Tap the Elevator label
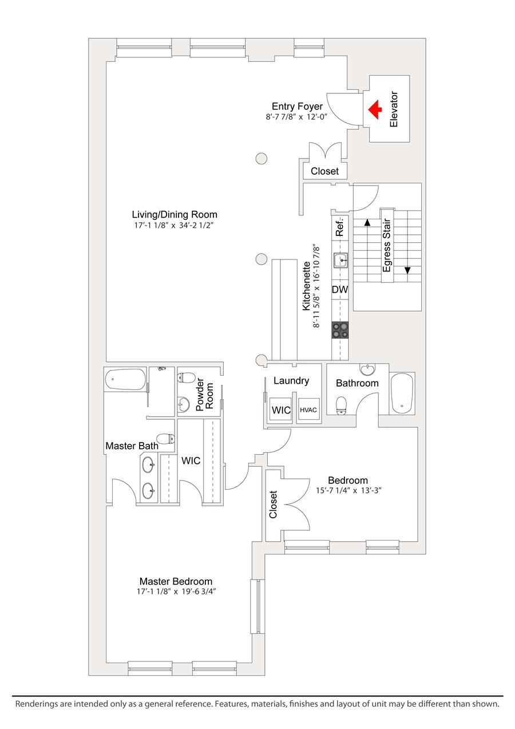393,109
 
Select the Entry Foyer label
297,107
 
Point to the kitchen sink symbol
342,262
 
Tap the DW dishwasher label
340,290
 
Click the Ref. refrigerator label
339,227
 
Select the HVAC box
308,409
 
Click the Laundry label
291,380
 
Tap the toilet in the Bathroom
342,405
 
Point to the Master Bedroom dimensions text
176,592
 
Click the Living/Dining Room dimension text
175,225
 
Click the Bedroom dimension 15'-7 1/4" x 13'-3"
348,490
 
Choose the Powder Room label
204,393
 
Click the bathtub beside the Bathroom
402,394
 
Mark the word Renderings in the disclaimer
37,704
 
